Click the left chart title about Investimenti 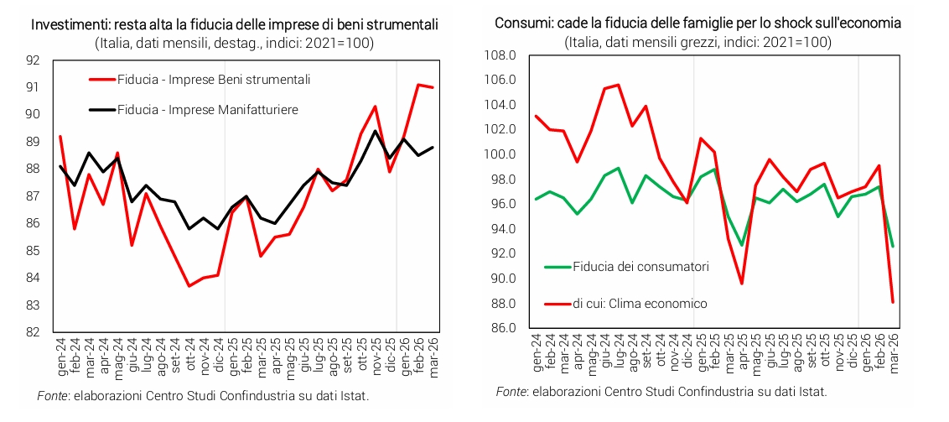(x=234, y=23)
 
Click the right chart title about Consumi (x=697, y=23)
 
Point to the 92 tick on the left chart (x=34, y=60)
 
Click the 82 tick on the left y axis (x=34, y=332)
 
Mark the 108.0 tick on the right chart (x=500, y=55)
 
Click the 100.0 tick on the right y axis (x=500, y=154)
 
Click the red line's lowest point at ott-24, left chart (x=189, y=286)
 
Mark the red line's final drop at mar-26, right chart (x=892, y=302)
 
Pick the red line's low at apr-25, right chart (x=743, y=284)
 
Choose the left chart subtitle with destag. (x=234, y=43)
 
